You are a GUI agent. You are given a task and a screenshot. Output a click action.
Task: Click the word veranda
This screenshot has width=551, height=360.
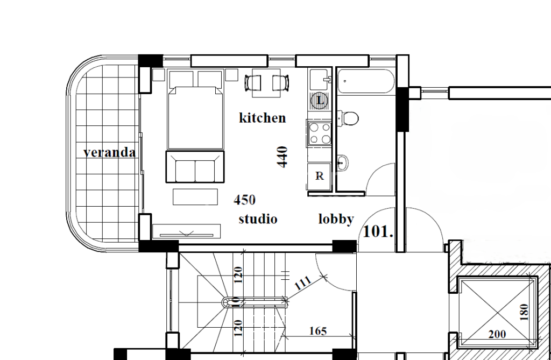(x=109, y=153)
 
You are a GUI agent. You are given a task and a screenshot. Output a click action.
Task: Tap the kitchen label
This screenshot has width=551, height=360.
(x=262, y=118)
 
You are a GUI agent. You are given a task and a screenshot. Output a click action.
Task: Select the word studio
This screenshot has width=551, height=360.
(x=258, y=219)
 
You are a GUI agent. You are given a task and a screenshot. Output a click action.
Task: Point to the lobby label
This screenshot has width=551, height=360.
(x=336, y=219)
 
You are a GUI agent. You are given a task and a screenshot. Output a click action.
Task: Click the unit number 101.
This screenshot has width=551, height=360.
(x=377, y=231)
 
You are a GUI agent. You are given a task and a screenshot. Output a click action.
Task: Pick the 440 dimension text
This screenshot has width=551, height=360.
(x=282, y=157)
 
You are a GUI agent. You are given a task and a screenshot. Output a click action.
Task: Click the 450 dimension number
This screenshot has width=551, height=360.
(x=245, y=200)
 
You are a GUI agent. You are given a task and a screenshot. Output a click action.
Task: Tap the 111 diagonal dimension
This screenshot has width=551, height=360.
(x=302, y=283)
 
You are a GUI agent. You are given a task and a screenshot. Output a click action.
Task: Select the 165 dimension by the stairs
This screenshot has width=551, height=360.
(x=318, y=331)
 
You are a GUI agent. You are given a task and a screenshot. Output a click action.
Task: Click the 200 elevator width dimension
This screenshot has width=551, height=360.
(x=497, y=334)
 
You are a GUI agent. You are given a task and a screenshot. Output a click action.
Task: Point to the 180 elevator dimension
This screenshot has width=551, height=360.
(x=524, y=312)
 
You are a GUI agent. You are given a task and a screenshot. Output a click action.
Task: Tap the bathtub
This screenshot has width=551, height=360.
(x=366, y=81)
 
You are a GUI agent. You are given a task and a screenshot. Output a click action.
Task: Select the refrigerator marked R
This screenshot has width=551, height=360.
(x=319, y=176)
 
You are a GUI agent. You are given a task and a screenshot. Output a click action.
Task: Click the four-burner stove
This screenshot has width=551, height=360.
(x=320, y=133)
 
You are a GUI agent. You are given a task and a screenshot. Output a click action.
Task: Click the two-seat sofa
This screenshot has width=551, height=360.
(x=195, y=167)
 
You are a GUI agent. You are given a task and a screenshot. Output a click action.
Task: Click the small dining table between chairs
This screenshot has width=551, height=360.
(x=266, y=83)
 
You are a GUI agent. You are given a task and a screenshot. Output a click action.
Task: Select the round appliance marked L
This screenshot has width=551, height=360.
(x=319, y=100)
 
